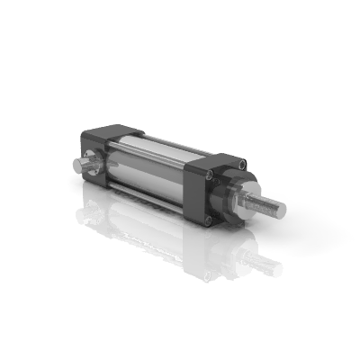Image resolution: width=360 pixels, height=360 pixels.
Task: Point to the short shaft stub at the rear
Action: coord(76,166)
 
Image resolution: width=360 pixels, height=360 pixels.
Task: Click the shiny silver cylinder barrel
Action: coord(148,162)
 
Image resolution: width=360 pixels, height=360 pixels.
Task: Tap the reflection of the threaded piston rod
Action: coord(265,264)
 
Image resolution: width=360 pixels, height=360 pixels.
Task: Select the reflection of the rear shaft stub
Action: coord(83,214)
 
